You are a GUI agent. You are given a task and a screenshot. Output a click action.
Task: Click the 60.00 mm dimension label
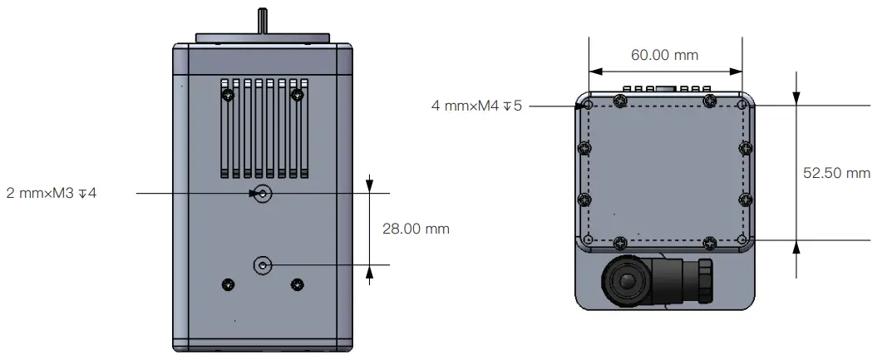(664, 56)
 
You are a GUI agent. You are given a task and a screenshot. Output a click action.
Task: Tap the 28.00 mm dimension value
(416, 229)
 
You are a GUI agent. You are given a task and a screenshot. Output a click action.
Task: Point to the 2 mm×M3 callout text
(51, 194)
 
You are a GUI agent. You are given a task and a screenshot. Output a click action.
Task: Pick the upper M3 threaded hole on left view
(263, 194)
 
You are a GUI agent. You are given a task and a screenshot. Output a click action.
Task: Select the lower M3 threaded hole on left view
(263, 265)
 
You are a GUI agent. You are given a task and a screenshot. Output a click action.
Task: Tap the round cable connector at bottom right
(627, 282)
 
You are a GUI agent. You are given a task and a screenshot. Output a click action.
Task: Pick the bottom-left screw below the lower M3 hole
(229, 285)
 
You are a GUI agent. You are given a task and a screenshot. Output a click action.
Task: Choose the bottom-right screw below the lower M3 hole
(297, 285)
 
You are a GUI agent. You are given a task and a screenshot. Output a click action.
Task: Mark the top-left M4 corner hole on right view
(588, 106)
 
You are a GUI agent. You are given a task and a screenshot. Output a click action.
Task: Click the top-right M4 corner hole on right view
(742, 106)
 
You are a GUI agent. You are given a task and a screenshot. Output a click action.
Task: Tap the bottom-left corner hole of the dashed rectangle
(588, 240)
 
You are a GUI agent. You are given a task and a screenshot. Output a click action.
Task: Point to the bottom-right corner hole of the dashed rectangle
(742, 240)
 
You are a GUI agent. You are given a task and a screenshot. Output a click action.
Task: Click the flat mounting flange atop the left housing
(263, 38)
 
